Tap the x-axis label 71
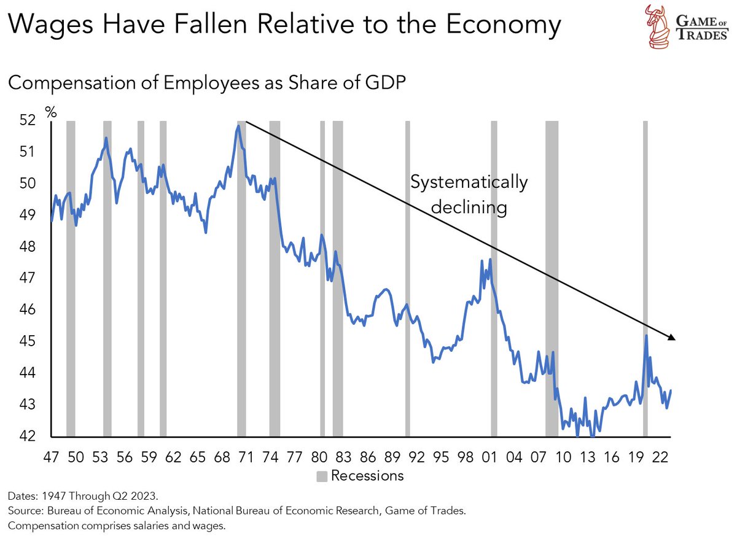[x=246, y=457]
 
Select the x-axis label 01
[x=489, y=457]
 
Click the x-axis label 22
[x=660, y=457]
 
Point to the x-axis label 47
[x=51, y=457]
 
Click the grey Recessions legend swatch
[x=322, y=475]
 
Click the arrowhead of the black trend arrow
[x=672, y=337]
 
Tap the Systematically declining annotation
[x=469, y=195]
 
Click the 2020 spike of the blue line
[x=646, y=336]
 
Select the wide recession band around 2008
[x=552, y=276]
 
